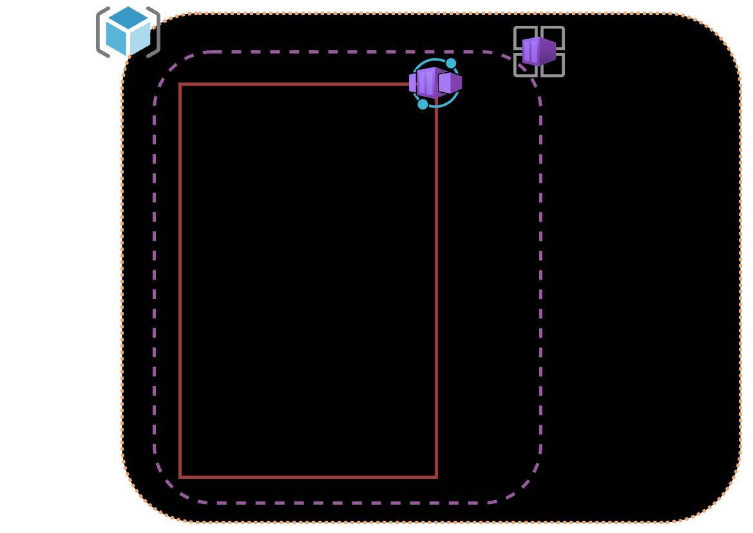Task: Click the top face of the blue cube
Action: click(128, 18)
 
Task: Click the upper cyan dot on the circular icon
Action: click(451, 63)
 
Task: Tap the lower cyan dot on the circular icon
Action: click(423, 104)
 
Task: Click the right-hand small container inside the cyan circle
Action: click(451, 82)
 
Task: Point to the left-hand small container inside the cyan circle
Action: click(412, 82)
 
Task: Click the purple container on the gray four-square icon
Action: click(539, 51)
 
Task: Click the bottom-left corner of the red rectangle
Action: click(180, 477)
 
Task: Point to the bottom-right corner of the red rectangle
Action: click(436, 477)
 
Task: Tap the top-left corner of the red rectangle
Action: click(180, 84)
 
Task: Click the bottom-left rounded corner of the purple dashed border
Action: click(169, 487)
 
